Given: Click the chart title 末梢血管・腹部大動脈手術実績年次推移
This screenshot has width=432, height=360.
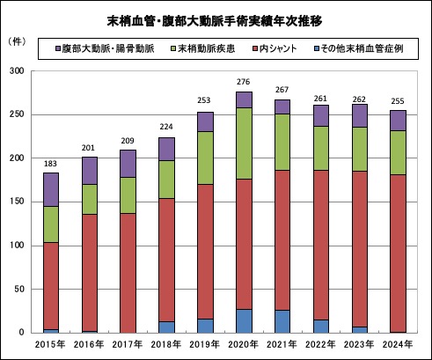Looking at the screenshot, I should (x=216, y=20).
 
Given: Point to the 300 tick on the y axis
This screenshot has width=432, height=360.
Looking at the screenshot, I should (x=18, y=71).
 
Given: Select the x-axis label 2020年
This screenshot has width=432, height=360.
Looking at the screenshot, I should (x=244, y=345).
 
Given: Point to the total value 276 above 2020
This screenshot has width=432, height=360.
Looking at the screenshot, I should (x=244, y=83).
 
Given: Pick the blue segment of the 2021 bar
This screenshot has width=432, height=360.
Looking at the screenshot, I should (x=282, y=321).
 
